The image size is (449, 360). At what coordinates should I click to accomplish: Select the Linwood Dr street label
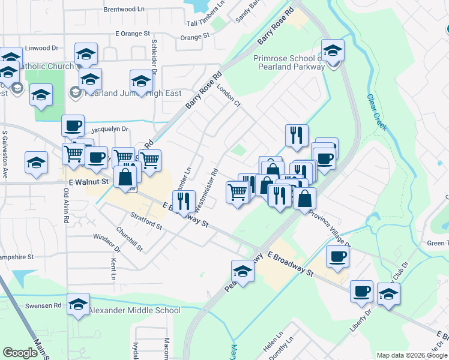tap(41, 48)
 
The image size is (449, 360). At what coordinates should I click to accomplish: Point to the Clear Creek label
tap(378, 112)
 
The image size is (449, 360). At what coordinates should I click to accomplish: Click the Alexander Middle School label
tap(134, 310)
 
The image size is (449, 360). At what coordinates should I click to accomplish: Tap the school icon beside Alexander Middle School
tap(79, 305)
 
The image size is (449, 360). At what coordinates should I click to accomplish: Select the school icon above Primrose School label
tap(332, 51)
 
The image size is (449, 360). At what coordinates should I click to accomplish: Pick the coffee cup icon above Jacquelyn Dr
tap(73, 125)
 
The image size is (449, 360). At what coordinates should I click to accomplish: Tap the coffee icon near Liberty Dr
tap(361, 292)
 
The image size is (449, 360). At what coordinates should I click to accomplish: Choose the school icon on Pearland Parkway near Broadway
tap(243, 271)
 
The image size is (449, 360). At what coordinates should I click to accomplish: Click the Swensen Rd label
tap(49, 305)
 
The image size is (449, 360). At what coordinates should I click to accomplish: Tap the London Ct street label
tap(229, 95)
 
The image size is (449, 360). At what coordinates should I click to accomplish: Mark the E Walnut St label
tap(88, 181)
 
